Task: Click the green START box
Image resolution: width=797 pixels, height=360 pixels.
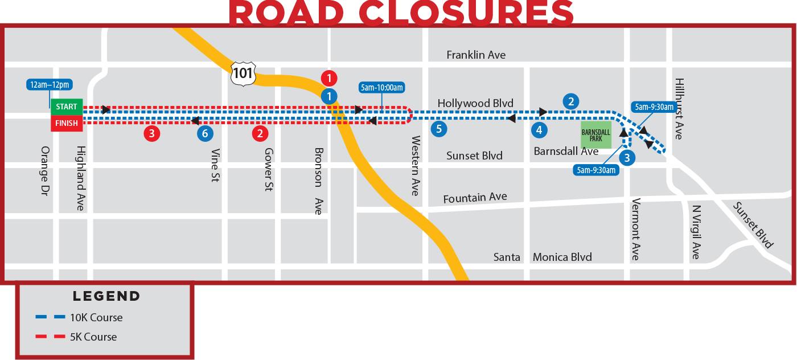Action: click(x=67, y=107)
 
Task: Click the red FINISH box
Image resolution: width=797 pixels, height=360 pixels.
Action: click(x=67, y=123)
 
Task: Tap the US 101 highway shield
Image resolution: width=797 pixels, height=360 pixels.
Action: click(x=243, y=73)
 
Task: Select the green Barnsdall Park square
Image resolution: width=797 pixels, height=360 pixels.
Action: click(x=595, y=135)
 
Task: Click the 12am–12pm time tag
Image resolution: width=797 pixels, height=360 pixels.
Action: click(x=50, y=85)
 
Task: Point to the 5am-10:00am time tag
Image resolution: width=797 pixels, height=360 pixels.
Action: click(x=382, y=88)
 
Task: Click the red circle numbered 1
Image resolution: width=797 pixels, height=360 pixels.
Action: click(x=329, y=78)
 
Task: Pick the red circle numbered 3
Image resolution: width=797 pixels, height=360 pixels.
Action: click(x=151, y=134)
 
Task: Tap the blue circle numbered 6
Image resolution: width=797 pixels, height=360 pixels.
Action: click(x=205, y=134)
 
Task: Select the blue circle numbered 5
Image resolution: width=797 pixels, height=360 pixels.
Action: click(x=438, y=129)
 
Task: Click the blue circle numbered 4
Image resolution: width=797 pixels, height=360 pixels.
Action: click(x=539, y=130)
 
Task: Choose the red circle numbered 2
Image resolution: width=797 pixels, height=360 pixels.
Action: click(x=260, y=134)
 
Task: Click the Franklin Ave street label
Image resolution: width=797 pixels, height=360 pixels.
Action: click(x=476, y=55)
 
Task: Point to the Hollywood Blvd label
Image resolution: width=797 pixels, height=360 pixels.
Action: click(x=475, y=103)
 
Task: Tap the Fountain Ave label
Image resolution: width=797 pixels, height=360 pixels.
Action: click(x=475, y=198)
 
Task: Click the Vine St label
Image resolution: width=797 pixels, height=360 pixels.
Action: click(x=215, y=165)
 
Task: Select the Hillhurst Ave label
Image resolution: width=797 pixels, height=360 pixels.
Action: click(x=678, y=109)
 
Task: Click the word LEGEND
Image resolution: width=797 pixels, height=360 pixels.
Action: click(x=106, y=296)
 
